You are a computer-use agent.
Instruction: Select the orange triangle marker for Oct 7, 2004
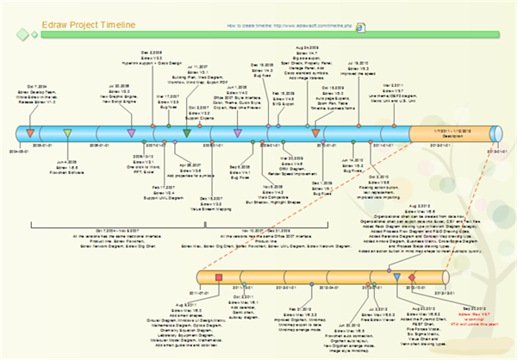pos(30,133)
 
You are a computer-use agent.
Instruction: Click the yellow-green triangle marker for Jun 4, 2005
pos(67,133)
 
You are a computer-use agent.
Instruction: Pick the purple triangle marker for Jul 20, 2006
pos(131,133)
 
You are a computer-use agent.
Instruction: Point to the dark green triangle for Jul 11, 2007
pos(187,133)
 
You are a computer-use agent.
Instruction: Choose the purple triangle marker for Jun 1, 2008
pos(238,133)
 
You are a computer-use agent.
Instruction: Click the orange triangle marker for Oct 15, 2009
pos(315,133)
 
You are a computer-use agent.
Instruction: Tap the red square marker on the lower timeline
pos(219,276)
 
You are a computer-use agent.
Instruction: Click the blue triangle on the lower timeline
pos(396,276)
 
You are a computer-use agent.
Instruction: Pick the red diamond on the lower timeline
pos(412,276)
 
